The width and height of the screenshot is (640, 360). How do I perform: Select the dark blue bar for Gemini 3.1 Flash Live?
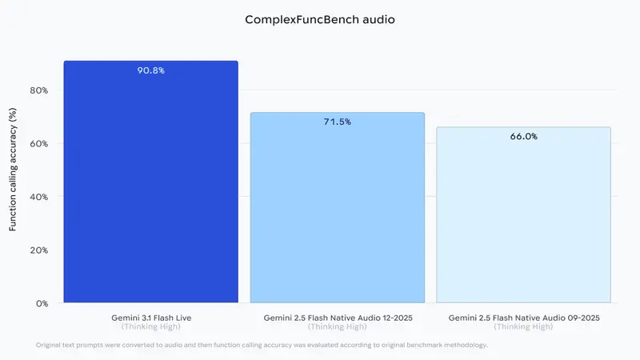(151, 184)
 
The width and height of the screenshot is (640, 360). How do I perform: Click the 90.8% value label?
(151, 70)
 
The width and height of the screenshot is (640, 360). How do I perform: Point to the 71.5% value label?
(337, 122)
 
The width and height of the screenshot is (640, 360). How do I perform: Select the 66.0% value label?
(523, 137)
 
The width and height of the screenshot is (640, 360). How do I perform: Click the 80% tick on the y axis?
(39, 90)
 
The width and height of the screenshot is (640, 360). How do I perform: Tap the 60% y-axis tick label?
(39, 144)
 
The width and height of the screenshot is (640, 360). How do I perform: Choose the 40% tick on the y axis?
(39, 197)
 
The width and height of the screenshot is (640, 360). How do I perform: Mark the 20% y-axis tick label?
(39, 250)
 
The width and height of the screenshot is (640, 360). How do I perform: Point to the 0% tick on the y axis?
(42, 303)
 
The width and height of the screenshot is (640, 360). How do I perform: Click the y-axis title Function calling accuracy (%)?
(13, 170)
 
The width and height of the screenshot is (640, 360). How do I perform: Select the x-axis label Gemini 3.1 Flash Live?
(151, 318)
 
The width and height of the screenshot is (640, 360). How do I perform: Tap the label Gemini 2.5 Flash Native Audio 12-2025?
(337, 318)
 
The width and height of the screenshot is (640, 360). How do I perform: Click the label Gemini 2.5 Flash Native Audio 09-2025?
(523, 318)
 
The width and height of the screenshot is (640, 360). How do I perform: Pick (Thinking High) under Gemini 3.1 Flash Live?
(151, 326)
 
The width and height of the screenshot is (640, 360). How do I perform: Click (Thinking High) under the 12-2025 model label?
(337, 326)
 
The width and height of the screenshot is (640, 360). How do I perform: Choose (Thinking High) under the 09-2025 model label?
(523, 326)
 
